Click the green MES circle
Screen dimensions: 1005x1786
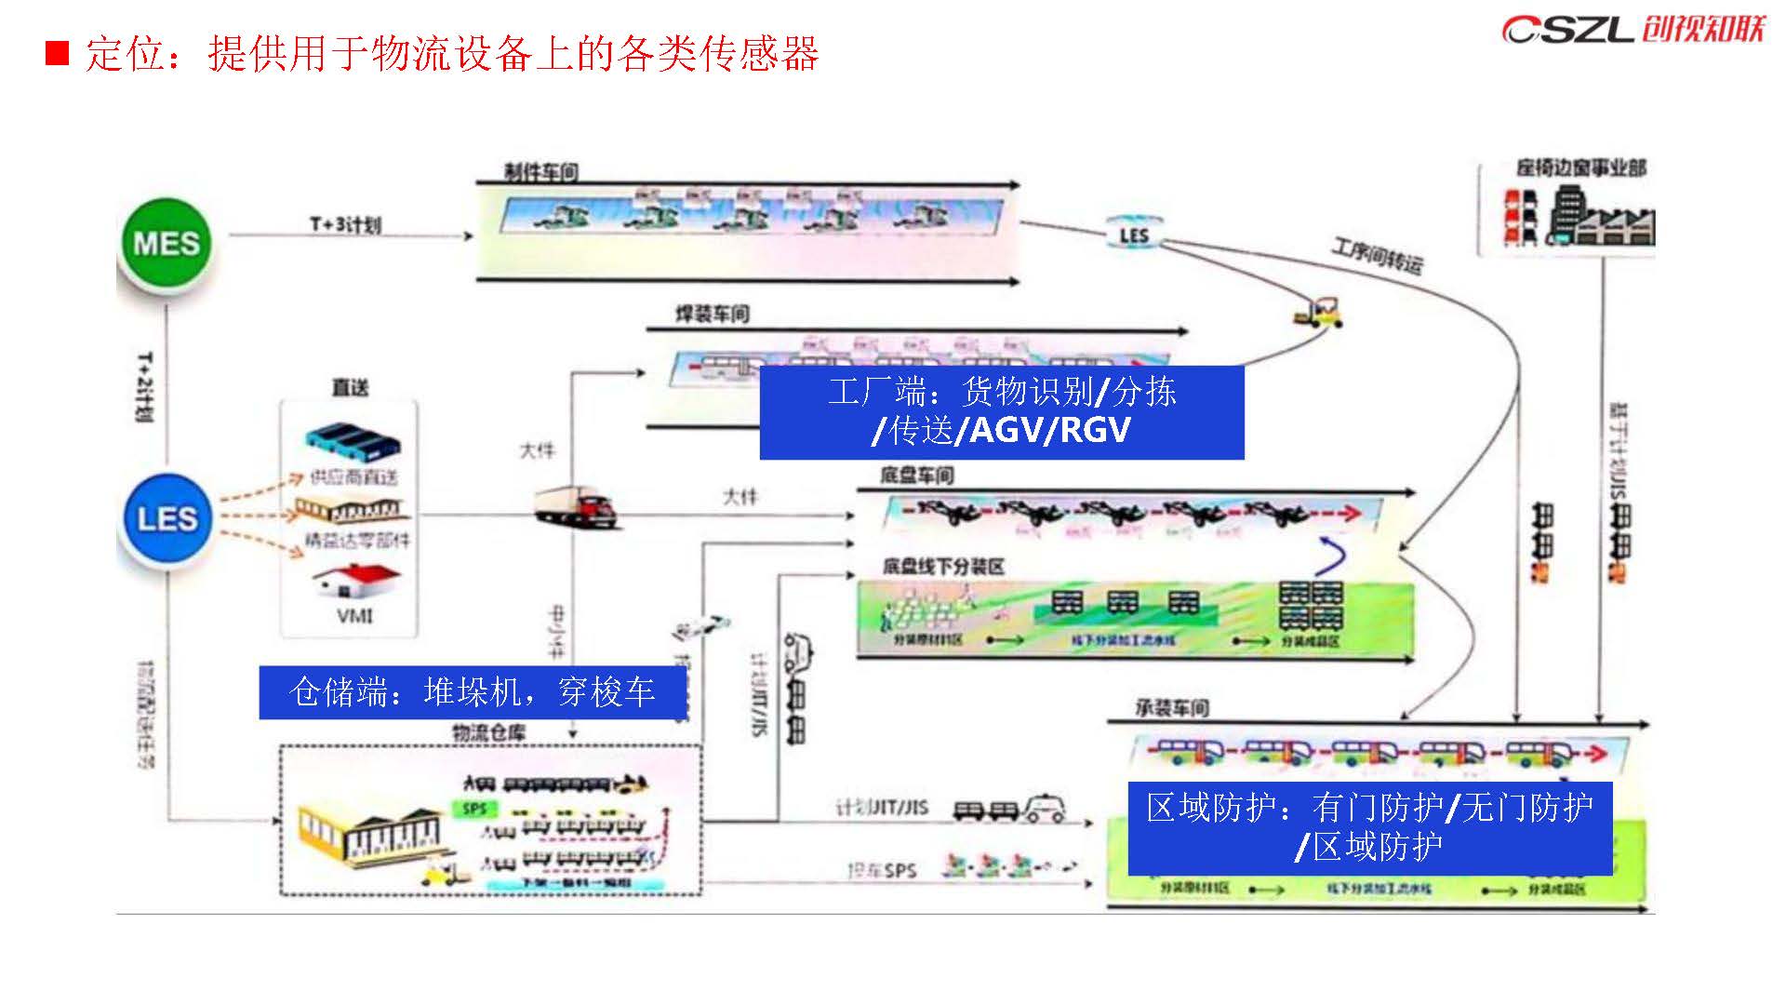(x=167, y=244)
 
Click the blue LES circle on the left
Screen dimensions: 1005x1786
(x=167, y=518)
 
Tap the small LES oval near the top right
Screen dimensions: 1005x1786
(x=1133, y=234)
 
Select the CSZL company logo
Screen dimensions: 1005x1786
(x=1633, y=29)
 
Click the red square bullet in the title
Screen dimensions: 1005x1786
(x=58, y=53)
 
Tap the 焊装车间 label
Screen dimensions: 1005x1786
(x=712, y=314)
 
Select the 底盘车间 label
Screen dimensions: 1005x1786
(x=916, y=476)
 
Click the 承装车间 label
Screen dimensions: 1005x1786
(x=1171, y=708)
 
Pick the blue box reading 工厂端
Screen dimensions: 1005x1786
(x=1001, y=411)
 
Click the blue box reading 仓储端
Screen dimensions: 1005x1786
(x=473, y=692)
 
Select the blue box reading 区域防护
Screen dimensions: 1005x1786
(x=1369, y=827)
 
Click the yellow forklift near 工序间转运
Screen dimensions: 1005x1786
(x=1319, y=311)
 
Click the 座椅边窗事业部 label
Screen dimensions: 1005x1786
(x=1580, y=168)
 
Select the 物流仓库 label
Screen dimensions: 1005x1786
(x=488, y=732)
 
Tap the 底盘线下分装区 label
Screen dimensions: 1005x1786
(x=943, y=566)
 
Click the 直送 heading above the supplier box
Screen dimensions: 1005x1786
(x=350, y=387)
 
